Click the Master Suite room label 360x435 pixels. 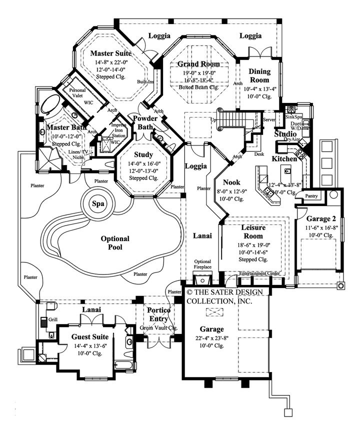click(x=111, y=53)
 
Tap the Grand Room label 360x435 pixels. click(x=199, y=64)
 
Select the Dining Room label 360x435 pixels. click(x=259, y=76)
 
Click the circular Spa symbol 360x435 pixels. click(x=97, y=203)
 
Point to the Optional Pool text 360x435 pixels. click(x=115, y=243)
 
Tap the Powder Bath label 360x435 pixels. click(x=145, y=122)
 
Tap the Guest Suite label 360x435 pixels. click(x=89, y=336)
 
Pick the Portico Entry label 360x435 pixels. click(x=158, y=314)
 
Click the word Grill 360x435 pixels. click(x=53, y=318)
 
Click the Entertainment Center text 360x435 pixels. click(x=260, y=273)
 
